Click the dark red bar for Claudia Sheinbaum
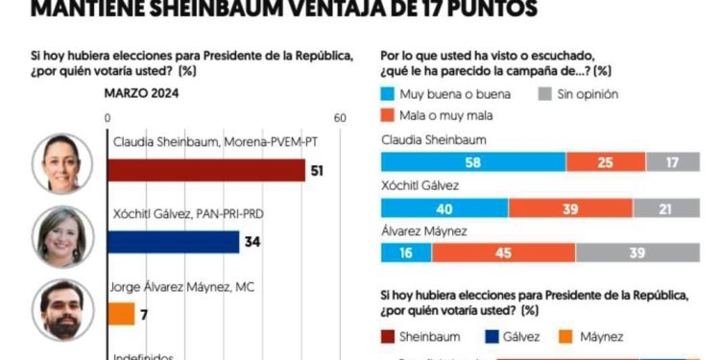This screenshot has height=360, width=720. [x=205, y=171]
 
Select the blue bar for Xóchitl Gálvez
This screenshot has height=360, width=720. [x=173, y=242]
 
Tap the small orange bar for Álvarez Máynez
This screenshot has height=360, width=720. [x=121, y=314]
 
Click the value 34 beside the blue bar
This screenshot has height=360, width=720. [x=252, y=242]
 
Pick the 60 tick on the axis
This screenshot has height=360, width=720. [x=339, y=117]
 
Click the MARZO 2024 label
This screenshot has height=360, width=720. [x=142, y=93]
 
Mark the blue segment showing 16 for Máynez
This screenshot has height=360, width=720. [x=405, y=252]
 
